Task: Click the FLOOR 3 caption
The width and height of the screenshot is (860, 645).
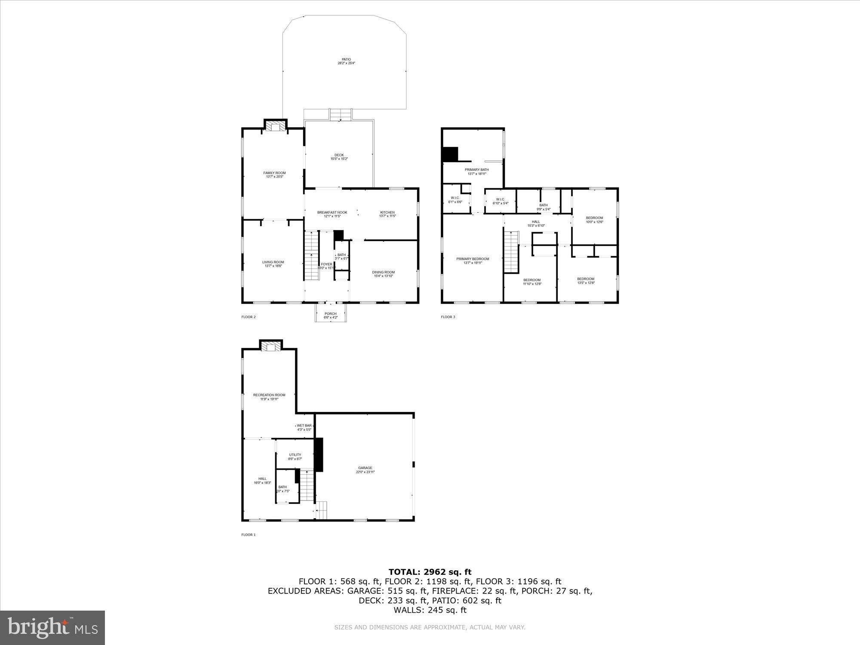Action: tap(448, 317)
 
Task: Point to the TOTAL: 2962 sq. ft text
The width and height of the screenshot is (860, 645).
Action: tap(430, 572)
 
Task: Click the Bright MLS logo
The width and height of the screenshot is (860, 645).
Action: tap(53, 627)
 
